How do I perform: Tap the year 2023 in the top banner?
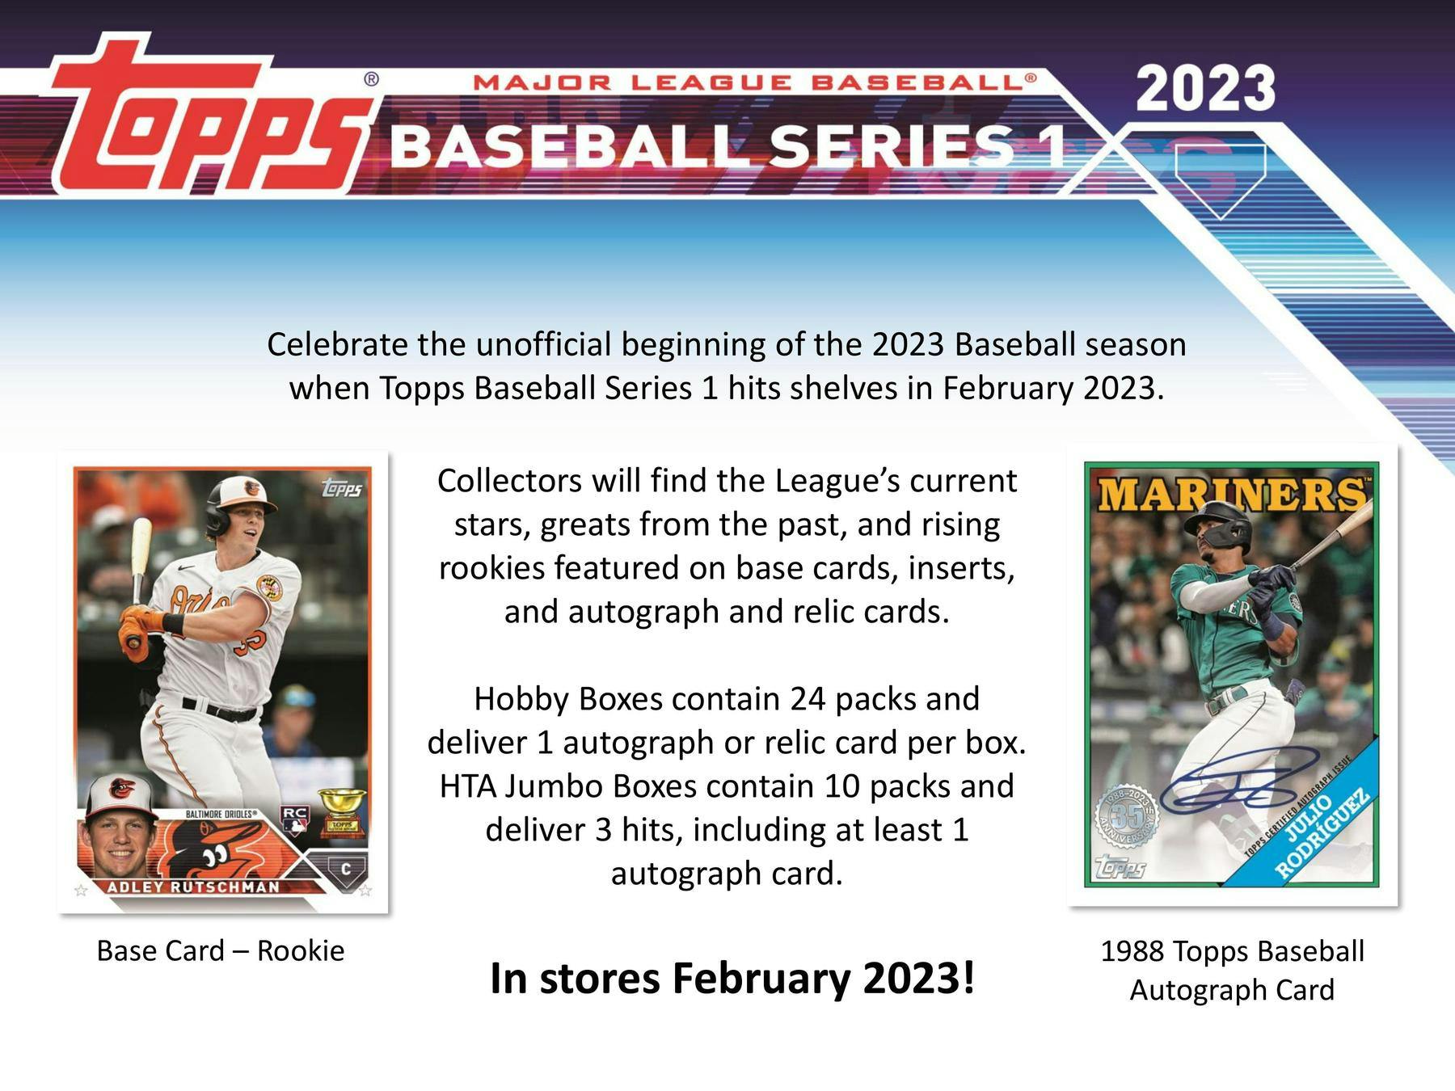1205,89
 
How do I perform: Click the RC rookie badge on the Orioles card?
293,819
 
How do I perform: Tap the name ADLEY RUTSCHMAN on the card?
193,887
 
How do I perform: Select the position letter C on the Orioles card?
346,870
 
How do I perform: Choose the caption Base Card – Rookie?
220,950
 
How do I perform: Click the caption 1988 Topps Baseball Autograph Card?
1232,970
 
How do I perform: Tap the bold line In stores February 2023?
732,978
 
